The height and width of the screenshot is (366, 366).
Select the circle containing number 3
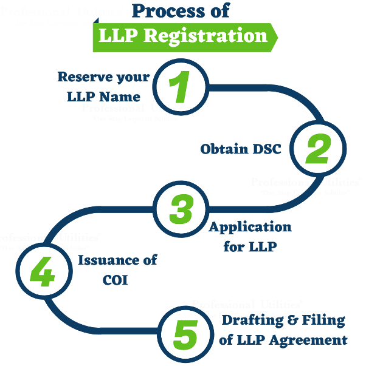pyautogui.click(x=181, y=209)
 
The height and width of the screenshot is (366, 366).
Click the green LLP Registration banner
pyautogui.click(x=183, y=35)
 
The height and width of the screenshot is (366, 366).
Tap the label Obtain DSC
pyautogui.click(x=241, y=149)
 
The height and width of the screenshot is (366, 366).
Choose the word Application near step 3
pyautogui.click(x=250, y=227)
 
